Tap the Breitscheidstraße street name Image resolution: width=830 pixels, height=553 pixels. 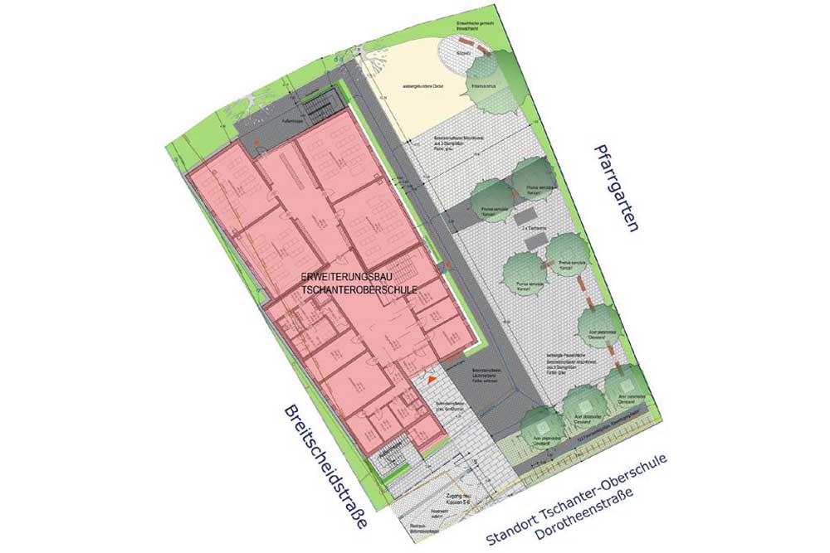[x=325, y=470]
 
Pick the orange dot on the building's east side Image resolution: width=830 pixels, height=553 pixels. [x=446, y=265]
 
